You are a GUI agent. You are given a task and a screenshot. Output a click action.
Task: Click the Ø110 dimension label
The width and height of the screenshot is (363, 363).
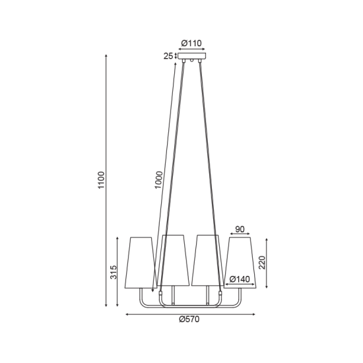pyautogui.click(x=191, y=44)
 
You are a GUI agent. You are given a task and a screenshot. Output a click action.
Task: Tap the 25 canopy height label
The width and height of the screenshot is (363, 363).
pyautogui.click(x=168, y=56)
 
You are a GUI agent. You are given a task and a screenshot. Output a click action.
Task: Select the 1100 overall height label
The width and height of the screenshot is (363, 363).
pyautogui.click(x=102, y=180)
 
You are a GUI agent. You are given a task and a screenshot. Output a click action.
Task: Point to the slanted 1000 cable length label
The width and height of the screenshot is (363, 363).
pyautogui.click(x=159, y=180)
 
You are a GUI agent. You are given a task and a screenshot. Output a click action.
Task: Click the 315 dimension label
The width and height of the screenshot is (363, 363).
pyautogui.click(x=114, y=272)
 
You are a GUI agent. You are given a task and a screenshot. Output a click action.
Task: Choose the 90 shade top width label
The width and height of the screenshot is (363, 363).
pyautogui.click(x=240, y=229)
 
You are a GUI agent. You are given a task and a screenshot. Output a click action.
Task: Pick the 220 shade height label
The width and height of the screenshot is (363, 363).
pyautogui.click(x=262, y=263)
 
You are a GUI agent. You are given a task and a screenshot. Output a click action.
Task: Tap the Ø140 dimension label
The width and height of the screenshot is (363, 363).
pyautogui.click(x=240, y=279)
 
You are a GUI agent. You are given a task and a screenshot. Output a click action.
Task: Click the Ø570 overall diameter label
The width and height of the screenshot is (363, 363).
pyautogui.click(x=189, y=319)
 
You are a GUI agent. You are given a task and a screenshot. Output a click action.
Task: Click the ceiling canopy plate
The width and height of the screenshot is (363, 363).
pyautogui.click(x=191, y=56)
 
